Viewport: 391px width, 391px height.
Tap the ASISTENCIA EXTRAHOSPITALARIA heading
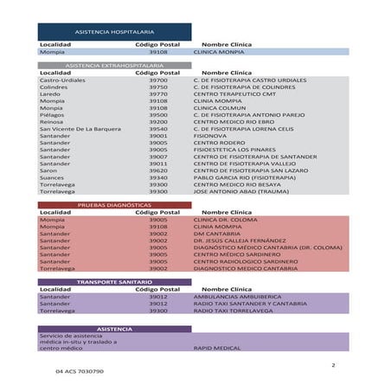[114, 66]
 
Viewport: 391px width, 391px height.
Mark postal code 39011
[158, 163]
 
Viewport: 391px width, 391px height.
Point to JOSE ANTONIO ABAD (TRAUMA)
[240, 191]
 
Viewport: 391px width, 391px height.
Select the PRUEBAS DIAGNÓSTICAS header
[114, 205]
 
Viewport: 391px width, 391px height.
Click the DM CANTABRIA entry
[217, 234]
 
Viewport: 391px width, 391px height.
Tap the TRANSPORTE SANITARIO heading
[114, 282]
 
